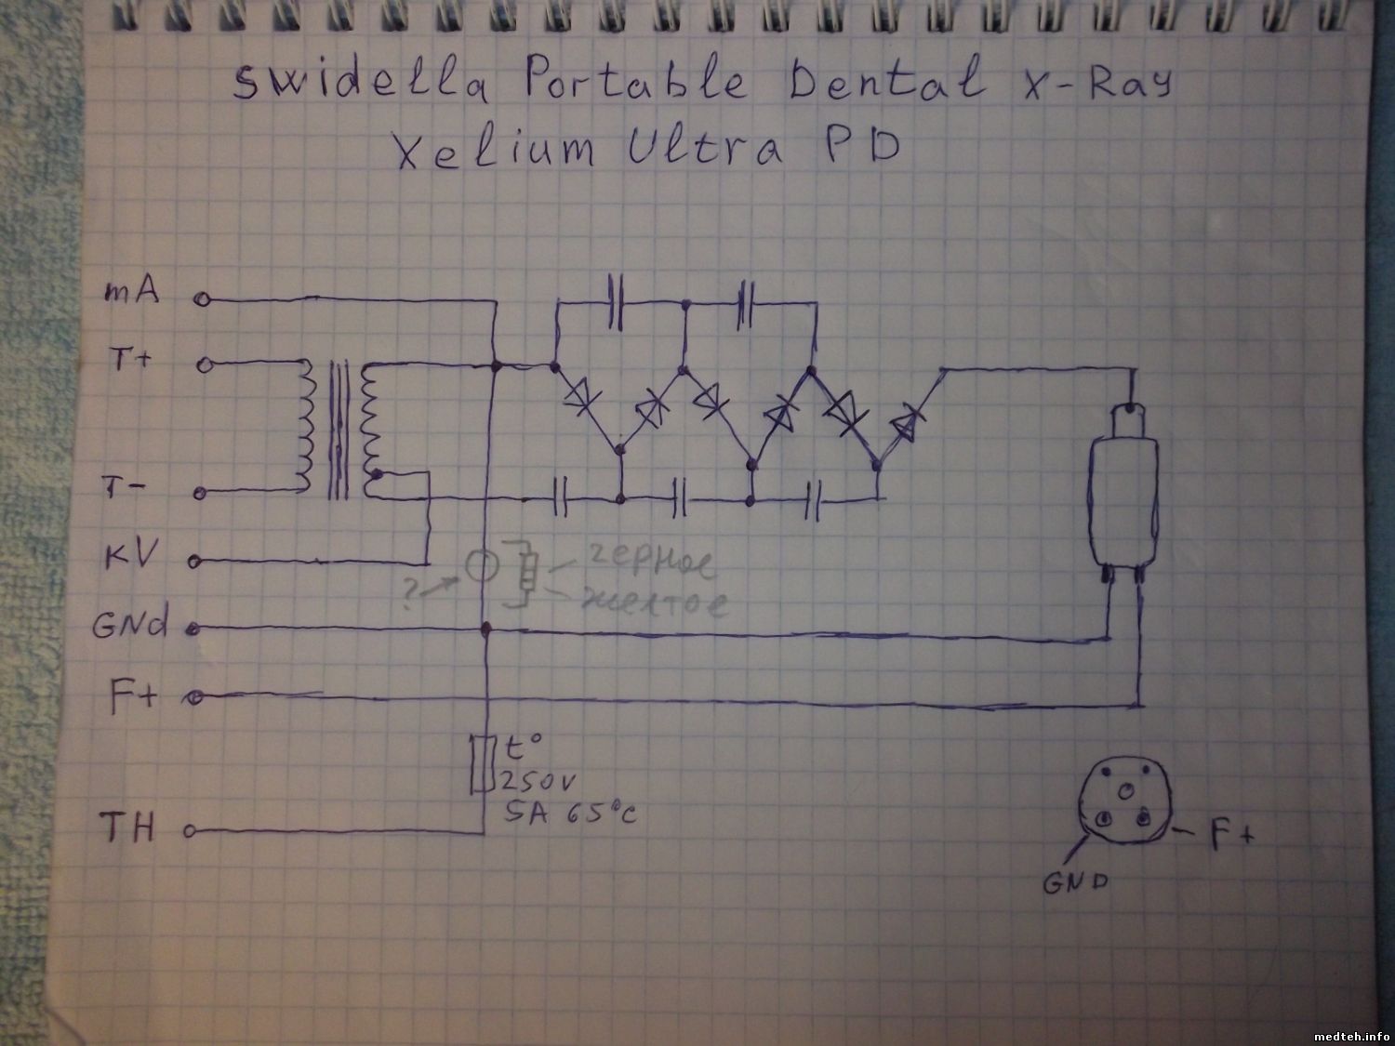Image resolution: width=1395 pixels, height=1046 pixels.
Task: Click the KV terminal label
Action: point(130,556)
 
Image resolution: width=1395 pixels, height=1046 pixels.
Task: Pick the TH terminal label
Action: point(127,827)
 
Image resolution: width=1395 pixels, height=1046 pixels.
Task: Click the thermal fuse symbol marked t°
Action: point(480,764)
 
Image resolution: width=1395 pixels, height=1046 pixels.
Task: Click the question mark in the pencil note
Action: point(408,591)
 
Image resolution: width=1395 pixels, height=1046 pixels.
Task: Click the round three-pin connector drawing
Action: point(1123,803)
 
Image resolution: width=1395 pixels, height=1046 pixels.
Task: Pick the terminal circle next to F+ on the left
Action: point(195,695)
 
